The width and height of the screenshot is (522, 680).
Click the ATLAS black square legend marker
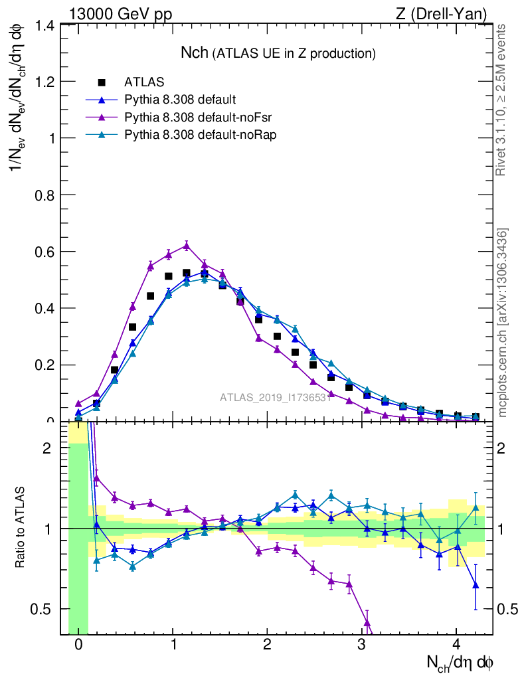[x=102, y=83]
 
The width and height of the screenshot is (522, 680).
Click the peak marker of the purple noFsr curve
[x=187, y=245]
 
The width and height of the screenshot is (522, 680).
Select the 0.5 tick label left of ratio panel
[x=44, y=610]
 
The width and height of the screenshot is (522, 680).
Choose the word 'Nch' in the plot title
[x=195, y=52]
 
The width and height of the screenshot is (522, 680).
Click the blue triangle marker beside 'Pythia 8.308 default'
[x=102, y=100]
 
